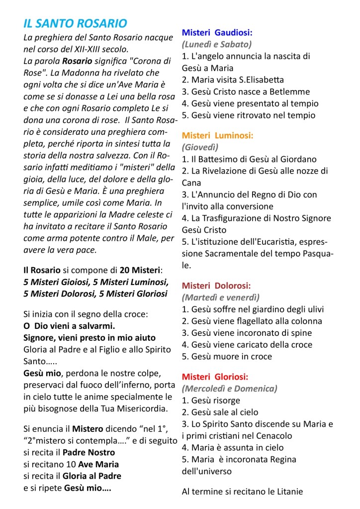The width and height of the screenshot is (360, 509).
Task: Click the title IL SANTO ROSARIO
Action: (75, 23)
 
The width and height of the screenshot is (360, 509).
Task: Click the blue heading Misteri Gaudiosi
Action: (217, 33)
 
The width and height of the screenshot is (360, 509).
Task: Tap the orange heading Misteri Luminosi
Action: (217, 135)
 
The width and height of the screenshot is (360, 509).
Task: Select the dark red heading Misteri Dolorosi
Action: (216, 286)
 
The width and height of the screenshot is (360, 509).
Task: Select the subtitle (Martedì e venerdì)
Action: (221, 298)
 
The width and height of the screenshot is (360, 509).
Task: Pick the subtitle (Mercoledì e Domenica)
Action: (230, 388)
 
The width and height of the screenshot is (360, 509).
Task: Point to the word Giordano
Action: (308, 159)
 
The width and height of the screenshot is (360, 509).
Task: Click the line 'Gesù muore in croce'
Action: (227, 356)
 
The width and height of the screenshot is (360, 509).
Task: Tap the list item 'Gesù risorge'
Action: (211, 400)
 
